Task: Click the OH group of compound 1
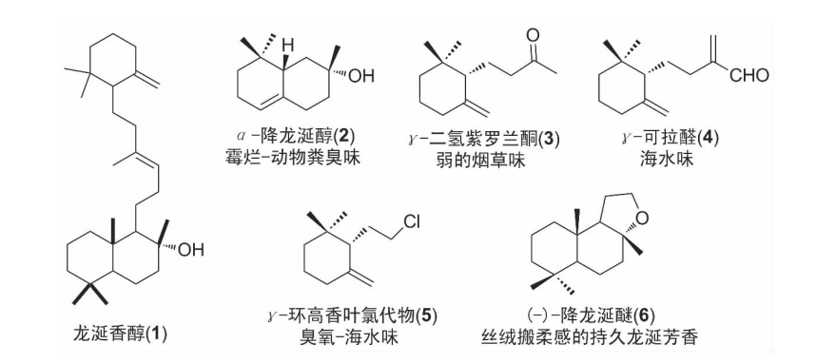coord(190,250)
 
